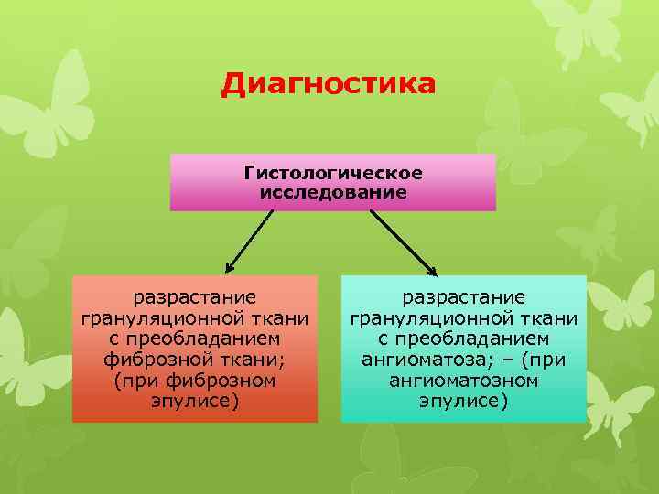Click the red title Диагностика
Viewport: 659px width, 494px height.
(x=329, y=85)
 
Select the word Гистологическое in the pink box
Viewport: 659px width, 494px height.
(x=333, y=173)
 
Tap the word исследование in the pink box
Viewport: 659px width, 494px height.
(x=333, y=192)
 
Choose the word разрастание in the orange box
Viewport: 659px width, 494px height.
(x=195, y=297)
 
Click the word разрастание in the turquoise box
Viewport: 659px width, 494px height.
(x=464, y=297)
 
